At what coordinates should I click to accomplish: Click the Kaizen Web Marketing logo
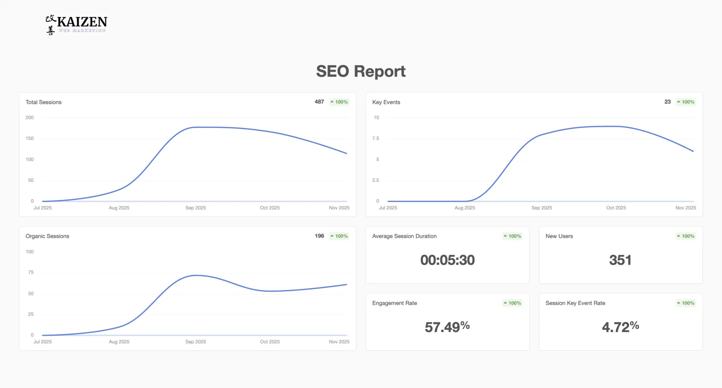coord(76,25)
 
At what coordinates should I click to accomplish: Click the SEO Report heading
coord(361,71)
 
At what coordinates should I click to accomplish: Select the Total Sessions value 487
coord(319,102)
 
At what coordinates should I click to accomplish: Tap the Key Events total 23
coord(667,102)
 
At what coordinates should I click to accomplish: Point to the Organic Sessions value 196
coord(319,236)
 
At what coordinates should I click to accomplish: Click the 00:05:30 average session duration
coord(447,260)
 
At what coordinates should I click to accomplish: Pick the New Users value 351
coord(620,260)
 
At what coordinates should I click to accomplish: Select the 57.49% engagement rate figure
coord(447,327)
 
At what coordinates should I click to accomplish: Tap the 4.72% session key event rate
coord(620,327)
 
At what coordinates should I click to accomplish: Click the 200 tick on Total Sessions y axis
coord(30,117)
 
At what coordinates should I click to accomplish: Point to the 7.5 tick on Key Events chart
coord(376,138)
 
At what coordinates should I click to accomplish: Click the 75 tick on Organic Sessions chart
coord(31,272)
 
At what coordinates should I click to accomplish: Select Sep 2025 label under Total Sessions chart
coord(196,208)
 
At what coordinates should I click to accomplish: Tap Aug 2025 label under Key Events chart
coord(465,208)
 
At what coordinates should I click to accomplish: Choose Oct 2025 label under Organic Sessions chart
coord(270,342)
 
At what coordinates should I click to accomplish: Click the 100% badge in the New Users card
coord(686,236)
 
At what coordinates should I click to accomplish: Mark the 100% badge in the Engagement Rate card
coord(513,303)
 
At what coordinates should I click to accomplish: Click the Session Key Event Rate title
coord(575,303)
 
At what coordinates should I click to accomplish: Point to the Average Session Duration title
coord(404,236)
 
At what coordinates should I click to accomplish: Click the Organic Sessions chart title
coord(47,236)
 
